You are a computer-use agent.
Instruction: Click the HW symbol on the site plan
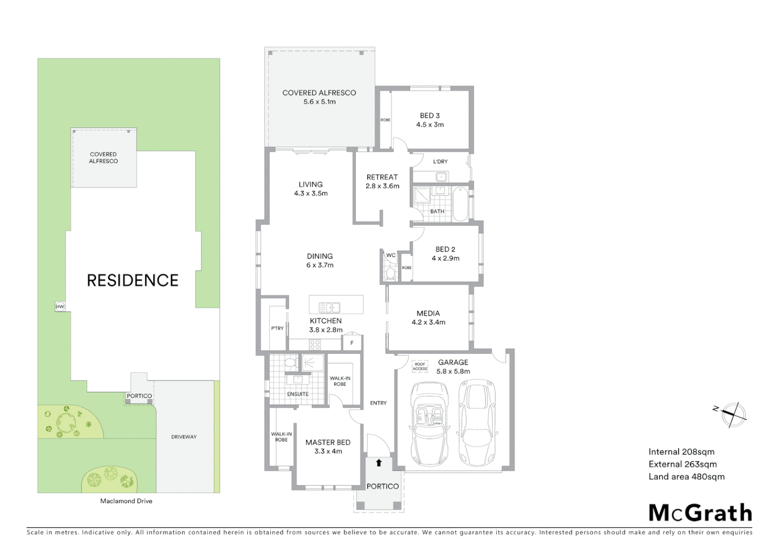click(60, 307)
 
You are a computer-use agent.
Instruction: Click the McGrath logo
click(700, 513)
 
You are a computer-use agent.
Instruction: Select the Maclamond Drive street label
click(126, 501)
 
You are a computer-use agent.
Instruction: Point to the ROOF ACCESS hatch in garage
click(419, 367)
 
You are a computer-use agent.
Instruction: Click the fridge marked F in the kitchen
click(351, 343)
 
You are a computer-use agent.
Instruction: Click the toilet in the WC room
click(390, 273)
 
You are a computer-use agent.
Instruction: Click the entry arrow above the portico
click(378, 463)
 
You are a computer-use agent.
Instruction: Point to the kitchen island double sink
click(329, 307)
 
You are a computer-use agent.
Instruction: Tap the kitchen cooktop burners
click(315, 345)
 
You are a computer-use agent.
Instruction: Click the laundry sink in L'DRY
click(441, 177)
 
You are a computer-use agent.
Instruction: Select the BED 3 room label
click(430, 116)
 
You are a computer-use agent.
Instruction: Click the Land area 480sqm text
click(686, 477)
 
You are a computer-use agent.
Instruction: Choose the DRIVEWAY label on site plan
click(183, 437)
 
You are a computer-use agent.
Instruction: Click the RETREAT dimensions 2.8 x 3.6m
click(382, 186)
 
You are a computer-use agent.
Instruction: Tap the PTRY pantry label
click(277, 328)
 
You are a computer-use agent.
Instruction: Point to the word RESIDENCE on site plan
click(133, 281)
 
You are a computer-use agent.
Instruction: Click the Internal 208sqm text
click(681, 452)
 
